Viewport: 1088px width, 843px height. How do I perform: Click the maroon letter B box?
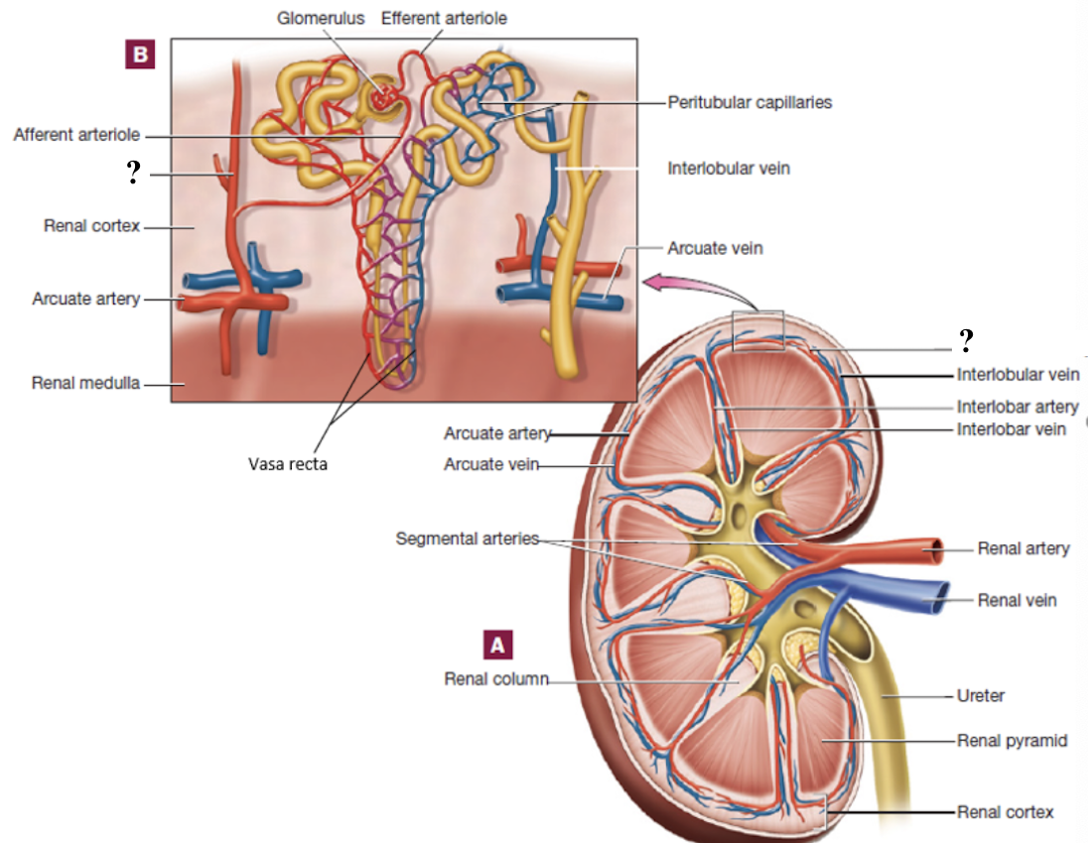coord(139,55)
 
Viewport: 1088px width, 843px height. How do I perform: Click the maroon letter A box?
coord(497,644)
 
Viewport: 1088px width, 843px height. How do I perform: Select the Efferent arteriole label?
coord(444,18)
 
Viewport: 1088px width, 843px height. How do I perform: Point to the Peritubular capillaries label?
coord(749,101)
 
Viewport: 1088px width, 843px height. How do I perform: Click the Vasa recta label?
coord(288,463)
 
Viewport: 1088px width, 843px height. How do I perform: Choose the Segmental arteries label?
coord(467,540)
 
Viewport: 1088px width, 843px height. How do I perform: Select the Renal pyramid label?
coord(1012,740)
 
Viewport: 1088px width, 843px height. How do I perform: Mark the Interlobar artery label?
coord(1018,407)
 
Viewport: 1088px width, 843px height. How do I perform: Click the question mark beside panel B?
coord(131,175)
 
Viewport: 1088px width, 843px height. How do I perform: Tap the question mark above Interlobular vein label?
coord(964,341)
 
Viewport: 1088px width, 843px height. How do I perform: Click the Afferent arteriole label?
coord(76,134)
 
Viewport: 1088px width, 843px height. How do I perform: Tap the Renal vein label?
coord(1017,600)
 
